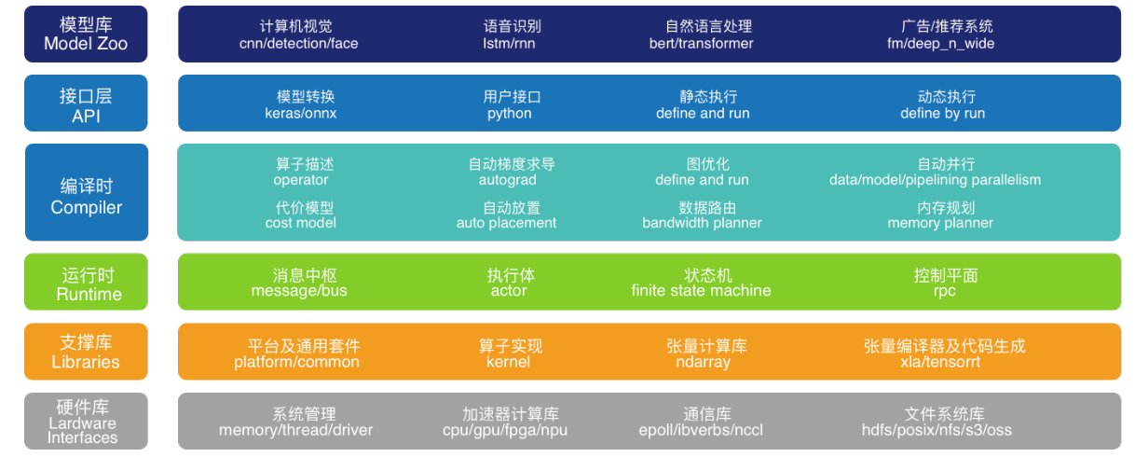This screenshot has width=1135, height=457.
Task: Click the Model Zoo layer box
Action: pyautogui.click(x=86, y=34)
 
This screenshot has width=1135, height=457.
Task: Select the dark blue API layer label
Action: pyautogui.click(x=86, y=104)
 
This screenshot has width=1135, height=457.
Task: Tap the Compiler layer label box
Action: pyautogui.click(x=86, y=192)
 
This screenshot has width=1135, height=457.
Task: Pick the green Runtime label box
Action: pyautogui.click(x=86, y=282)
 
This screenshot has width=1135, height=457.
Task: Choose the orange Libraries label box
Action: pyautogui.click(x=86, y=352)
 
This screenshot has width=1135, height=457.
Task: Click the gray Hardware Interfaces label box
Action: pyautogui.click(x=86, y=421)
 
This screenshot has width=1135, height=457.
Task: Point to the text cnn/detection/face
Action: pyautogui.click(x=298, y=43)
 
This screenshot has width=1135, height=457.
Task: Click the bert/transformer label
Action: pyautogui.click(x=701, y=43)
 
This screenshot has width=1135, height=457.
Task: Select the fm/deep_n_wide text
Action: pyautogui.click(x=940, y=43)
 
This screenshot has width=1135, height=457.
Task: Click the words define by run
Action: pyautogui.click(x=942, y=114)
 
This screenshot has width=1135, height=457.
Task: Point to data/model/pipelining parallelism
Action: pyautogui.click(x=935, y=180)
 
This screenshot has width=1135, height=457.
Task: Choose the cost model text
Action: pyautogui.click(x=300, y=223)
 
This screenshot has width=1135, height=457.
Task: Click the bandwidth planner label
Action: pyautogui.click(x=702, y=223)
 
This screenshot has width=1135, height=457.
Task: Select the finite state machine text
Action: pyautogui.click(x=701, y=291)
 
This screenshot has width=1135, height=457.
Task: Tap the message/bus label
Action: pyautogui.click(x=299, y=291)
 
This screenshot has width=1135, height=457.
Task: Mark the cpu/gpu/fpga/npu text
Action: pyautogui.click(x=504, y=430)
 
